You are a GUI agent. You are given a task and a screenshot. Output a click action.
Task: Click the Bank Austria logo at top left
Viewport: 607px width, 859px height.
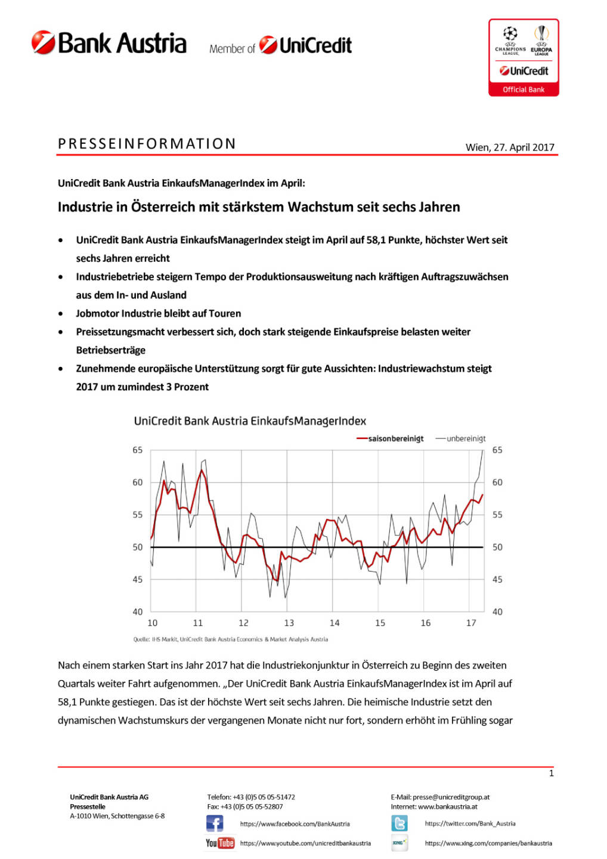pos(109,44)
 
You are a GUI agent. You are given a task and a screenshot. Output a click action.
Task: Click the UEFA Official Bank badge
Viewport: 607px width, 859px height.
pos(524,58)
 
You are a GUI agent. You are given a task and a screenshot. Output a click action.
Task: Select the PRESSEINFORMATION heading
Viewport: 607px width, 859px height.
pos(147,144)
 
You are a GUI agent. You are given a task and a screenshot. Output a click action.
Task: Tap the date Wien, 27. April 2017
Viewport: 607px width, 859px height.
pos(510,147)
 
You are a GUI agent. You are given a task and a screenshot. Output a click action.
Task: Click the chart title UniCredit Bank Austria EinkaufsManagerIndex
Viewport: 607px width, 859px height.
pos(250,421)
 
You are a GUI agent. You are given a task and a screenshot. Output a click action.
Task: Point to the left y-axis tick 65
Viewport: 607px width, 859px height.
pos(138,450)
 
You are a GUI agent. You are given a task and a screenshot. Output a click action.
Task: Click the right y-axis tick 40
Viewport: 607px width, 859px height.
pos(497,611)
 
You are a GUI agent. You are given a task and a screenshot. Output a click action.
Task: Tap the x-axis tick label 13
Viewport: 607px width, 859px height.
pos(289,623)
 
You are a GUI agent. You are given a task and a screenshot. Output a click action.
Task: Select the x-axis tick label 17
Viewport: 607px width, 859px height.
pos(471,623)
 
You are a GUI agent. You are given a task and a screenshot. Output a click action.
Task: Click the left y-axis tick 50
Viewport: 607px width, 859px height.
pos(138,547)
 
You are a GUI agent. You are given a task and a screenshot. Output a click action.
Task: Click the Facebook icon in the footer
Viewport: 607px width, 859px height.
pos(215,824)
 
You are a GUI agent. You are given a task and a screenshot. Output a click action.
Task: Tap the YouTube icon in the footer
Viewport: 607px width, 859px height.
pos(219,843)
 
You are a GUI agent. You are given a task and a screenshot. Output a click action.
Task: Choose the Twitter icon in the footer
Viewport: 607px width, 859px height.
pos(399,824)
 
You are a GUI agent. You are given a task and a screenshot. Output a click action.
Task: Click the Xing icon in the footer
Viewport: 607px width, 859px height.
pos(399,843)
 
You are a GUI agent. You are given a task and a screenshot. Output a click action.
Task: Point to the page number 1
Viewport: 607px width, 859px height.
pos(551,773)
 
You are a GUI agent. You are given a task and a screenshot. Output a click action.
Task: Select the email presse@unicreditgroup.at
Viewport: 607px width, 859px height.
pos(451,797)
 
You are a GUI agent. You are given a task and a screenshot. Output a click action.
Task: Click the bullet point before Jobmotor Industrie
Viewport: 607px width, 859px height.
pos(61,314)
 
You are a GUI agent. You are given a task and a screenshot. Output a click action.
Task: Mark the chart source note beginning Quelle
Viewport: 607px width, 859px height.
pos(230,639)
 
